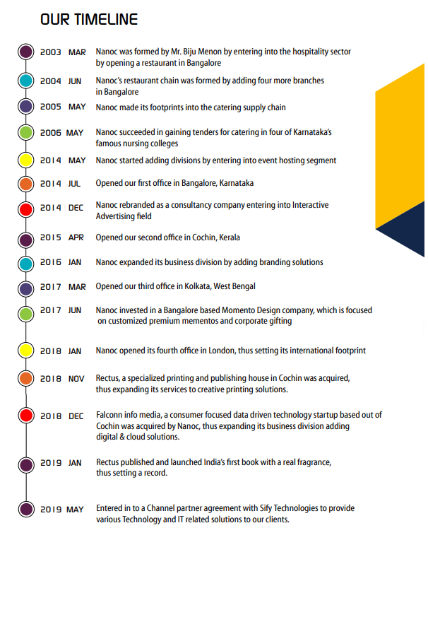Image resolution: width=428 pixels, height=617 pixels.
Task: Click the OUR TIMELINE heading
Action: (x=89, y=19)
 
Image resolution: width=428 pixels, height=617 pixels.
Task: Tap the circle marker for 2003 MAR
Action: (x=26, y=52)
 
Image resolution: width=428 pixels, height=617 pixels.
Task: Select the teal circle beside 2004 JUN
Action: (x=26, y=81)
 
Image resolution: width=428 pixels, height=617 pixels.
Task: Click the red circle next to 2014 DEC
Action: (x=26, y=209)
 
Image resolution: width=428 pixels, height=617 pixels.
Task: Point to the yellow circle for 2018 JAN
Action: (x=26, y=351)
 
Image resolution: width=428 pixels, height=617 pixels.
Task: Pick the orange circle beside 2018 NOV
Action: (x=26, y=378)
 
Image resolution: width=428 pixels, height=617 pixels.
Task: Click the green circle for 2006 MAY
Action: (x=26, y=133)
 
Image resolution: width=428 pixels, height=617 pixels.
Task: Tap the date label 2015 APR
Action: (x=61, y=237)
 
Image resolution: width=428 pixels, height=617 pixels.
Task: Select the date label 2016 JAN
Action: (x=61, y=262)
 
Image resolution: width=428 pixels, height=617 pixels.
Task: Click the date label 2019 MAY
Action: (x=62, y=509)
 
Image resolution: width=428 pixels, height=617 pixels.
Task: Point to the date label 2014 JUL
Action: (x=60, y=183)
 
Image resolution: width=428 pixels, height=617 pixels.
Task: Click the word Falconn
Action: (x=109, y=415)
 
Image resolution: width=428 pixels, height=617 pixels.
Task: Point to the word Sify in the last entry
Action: (x=266, y=508)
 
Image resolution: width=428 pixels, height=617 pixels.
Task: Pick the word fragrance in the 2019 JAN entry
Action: (x=313, y=462)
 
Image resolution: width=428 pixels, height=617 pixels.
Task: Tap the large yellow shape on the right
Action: (x=400, y=146)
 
